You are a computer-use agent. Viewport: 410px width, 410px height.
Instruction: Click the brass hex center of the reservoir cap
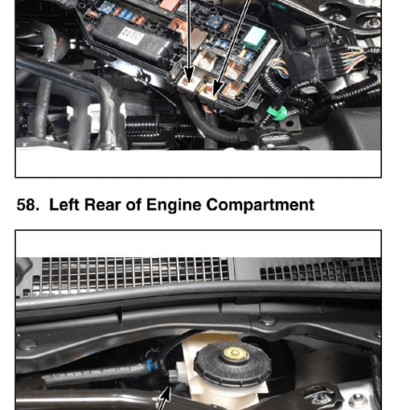coord(236,354)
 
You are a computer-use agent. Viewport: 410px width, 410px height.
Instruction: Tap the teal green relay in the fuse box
coord(254,37)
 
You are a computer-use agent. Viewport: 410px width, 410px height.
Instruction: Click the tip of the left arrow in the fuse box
coord(189,83)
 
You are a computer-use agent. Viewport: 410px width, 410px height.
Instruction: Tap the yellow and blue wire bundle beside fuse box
coord(279,68)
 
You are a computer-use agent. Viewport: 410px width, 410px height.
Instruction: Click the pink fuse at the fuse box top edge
coord(170,5)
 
